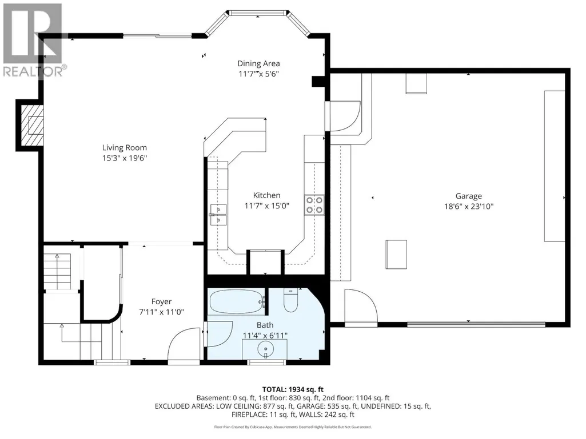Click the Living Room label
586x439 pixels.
125,148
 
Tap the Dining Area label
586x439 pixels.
258,63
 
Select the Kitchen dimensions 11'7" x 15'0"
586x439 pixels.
267,206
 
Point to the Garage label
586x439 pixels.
469,196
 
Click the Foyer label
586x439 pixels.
161,301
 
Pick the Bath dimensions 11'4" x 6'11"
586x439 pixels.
265,336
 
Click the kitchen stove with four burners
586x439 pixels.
314,205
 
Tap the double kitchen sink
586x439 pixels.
218,215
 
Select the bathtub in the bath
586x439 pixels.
237,301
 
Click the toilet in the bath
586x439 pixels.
290,300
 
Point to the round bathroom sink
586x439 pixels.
265,350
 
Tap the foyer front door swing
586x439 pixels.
185,344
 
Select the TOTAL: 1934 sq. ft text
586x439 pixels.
293,390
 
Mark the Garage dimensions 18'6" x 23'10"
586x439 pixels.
469,207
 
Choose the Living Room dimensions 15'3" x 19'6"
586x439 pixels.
125,158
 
